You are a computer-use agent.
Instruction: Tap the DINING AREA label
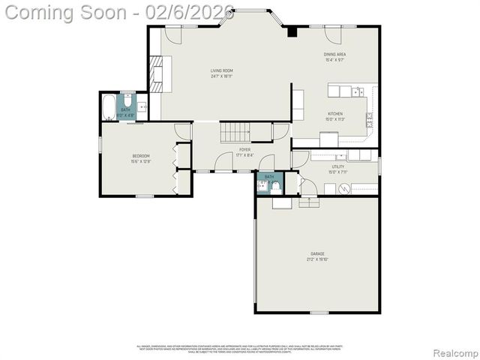pyautogui.click(x=334, y=54)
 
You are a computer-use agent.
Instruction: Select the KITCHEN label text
pyautogui.click(x=334, y=114)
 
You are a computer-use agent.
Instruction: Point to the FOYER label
pyautogui.click(x=244, y=150)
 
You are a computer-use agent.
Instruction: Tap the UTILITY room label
pyautogui.click(x=338, y=166)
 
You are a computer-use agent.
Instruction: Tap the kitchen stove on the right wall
pyautogui.click(x=369, y=118)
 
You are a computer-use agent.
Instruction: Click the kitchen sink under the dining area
pyautogui.click(x=349, y=91)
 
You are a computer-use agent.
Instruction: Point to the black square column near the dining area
pyautogui.click(x=292, y=31)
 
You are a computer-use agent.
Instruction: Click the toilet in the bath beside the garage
pyautogui.click(x=275, y=184)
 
